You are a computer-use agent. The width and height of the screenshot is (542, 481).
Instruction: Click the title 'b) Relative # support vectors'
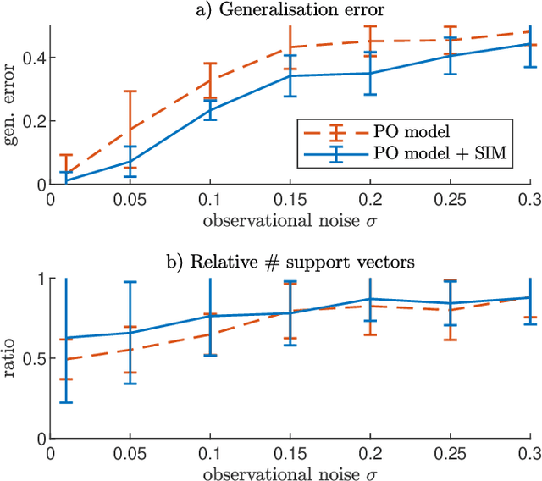[x=290, y=263]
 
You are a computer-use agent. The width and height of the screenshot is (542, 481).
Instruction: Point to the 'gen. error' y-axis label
[x=11, y=104]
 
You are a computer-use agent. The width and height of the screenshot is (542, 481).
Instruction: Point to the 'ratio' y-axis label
[x=11, y=358]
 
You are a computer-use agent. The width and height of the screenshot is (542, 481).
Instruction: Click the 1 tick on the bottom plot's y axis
[x=39, y=279]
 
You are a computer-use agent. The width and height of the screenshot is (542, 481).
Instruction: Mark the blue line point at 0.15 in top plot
[x=290, y=76]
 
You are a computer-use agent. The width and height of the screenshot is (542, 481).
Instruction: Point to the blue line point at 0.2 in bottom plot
[x=370, y=299]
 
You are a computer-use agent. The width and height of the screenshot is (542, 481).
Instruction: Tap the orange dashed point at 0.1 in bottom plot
[x=210, y=334]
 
